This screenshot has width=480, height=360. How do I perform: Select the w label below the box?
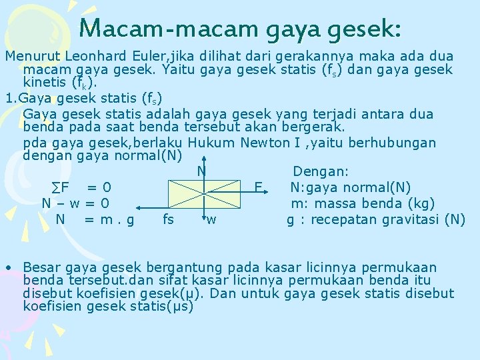[x=211, y=219]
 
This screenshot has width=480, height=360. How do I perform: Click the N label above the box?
[x=201, y=172]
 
